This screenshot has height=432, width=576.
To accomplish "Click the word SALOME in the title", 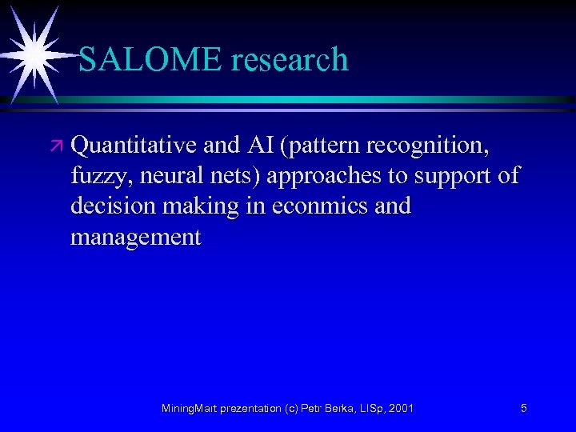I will pyautogui.click(x=141, y=60).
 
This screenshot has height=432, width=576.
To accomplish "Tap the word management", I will pyautogui.click(x=135, y=238).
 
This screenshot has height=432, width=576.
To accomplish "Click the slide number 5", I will pyautogui.click(x=523, y=409).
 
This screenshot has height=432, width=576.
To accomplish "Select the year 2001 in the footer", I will pyautogui.click(x=399, y=409).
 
